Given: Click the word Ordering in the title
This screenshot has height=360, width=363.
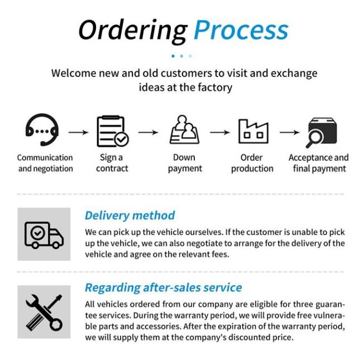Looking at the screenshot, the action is (x=133, y=31).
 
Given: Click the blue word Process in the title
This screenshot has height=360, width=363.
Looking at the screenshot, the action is (x=241, y=30).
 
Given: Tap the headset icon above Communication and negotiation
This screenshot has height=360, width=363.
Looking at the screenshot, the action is (x=42, y=129).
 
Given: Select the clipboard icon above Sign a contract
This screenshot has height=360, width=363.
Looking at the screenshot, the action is (x=113, y=131).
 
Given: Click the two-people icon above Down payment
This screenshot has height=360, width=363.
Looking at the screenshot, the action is (x=184, y=129).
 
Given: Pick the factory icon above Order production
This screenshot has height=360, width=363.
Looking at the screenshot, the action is (x=254, y=131).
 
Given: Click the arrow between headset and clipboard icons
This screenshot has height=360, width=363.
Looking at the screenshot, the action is (x=79, y=132).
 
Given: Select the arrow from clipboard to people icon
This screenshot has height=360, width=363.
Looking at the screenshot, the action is (x=148, y=132).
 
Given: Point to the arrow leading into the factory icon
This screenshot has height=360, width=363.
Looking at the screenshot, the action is (x=219, y=132).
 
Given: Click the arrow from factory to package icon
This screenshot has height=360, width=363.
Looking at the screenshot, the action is (x=289, y=132).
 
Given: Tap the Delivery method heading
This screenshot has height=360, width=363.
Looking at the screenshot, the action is (x=130, y=215).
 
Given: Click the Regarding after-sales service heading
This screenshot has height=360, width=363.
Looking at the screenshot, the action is (x=164, y=288).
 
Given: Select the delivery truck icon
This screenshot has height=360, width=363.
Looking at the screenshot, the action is (x=44, y=235).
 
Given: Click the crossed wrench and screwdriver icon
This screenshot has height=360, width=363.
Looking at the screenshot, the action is (x=44, y=313).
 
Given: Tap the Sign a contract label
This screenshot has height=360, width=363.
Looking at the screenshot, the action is (x=112, y=163).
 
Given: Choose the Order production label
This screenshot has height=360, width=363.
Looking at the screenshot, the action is (x=252, y=163).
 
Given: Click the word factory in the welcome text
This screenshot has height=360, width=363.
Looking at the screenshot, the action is (x=215, y=88).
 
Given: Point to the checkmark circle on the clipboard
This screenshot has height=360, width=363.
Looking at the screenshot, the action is (x=122, y=140).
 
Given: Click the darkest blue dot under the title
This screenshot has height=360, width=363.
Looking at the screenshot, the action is (x=173, y=56).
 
